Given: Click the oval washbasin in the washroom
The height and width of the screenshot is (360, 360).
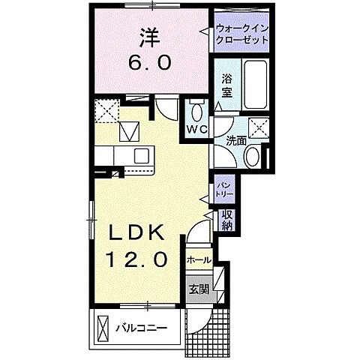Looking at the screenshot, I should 253,157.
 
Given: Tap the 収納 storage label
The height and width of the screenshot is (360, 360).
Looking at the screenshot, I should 226,220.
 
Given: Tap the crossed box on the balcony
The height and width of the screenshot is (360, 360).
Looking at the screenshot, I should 103,328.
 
